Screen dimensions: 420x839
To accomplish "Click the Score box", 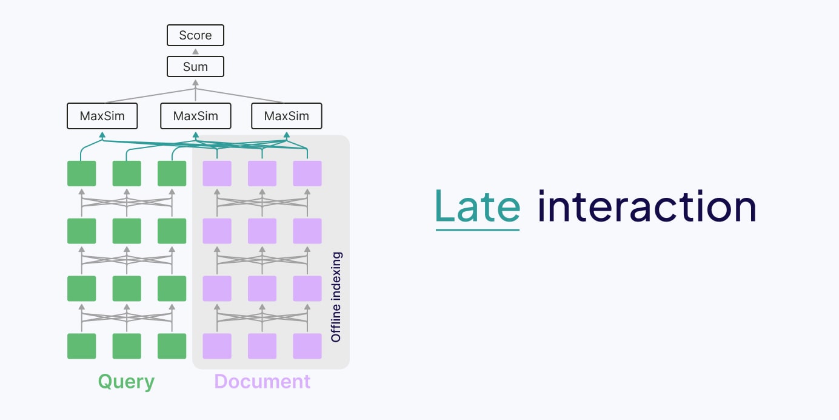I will click(195, 35).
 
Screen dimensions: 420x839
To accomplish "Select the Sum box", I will click(195, 67).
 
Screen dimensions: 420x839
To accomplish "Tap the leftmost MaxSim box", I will click(102, 116).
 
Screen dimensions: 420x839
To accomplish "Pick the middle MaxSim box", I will click(195, 116).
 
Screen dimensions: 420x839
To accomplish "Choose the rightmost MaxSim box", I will click(287, 116).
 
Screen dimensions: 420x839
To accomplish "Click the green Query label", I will click(126, 382).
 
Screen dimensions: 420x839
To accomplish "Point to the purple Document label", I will click(262, 382).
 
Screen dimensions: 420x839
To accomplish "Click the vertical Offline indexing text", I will click(336, 297).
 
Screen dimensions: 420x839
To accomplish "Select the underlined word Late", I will click(478, 207).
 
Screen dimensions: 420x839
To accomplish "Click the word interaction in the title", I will click(647, 207).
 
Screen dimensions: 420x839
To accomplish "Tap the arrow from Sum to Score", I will click(195, 52).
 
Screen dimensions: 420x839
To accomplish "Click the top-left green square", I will click(81, 174).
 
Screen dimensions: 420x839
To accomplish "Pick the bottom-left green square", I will click(81, 346).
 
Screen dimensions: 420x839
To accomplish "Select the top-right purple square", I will click(307, 174).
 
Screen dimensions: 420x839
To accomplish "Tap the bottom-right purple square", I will click(307, 346).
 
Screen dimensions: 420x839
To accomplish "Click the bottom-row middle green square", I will click(127, 346).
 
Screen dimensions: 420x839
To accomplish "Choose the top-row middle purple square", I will click(262, 174).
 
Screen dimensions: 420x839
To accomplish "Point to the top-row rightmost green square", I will click(172, 174).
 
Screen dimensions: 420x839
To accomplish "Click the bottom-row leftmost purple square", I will click(217, 346).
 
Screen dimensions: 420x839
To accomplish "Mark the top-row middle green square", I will click(127, 174).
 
